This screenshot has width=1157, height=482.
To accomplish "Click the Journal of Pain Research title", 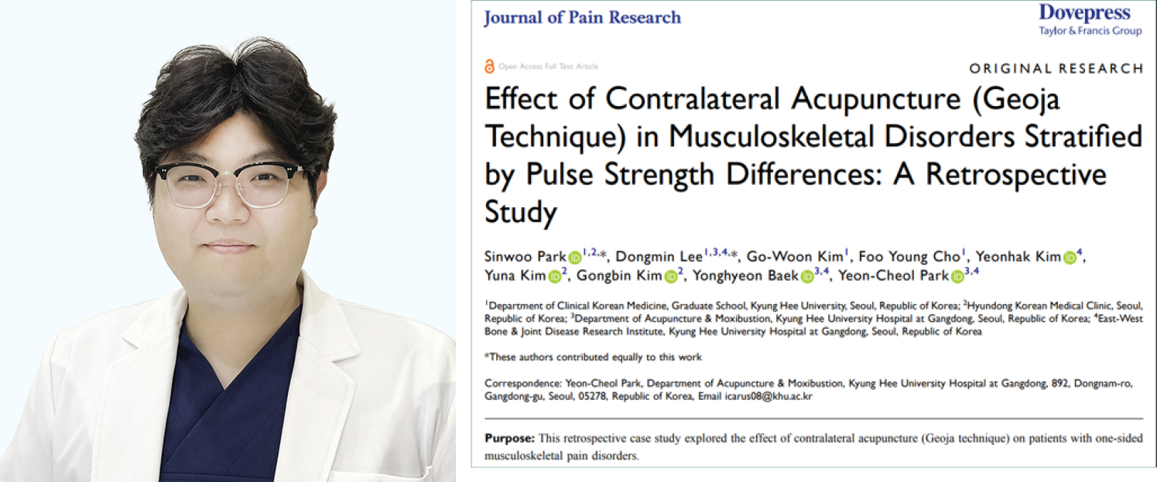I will [582, 18].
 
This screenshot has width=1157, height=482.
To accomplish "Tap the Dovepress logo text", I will [1083, 12].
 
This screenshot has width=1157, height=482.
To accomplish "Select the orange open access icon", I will [488, 67].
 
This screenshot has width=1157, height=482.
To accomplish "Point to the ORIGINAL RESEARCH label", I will [1056, 68].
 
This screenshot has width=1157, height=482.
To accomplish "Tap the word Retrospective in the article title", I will [1019, 175].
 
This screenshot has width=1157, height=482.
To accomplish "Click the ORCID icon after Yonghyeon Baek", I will [807, 276].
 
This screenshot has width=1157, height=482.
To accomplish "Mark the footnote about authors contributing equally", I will [593, 357].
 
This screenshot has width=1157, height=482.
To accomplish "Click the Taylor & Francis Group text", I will [1090, 31].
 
